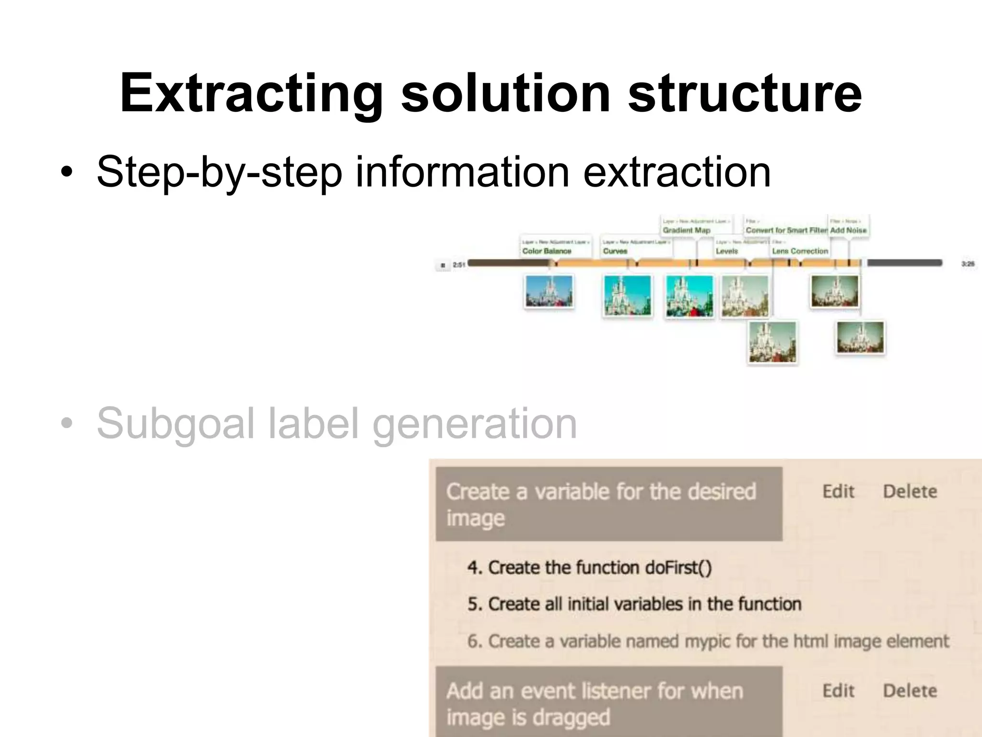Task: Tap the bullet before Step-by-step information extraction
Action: click(67, 172)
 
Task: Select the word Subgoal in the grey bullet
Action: click(175, 423)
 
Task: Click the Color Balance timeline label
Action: click(547, 251)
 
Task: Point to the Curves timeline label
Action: click(615, 251)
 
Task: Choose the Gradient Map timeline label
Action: click(686, 230)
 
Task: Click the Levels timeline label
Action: click(727, 251)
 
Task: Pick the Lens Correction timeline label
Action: click(800, 251)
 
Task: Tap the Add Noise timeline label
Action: click(848, 230)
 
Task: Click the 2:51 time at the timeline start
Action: click(459, 265)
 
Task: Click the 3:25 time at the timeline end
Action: click(968, 264)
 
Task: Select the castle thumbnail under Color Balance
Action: click(549, 291)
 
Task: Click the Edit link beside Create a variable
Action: click(838, 491)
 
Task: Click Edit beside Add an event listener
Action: click(838, 691)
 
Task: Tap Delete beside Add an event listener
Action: click(910, 691)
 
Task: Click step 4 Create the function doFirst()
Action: click(589, 568)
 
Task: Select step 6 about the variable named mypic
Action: click(708, 642)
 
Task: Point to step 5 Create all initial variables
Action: click(634, 604)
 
